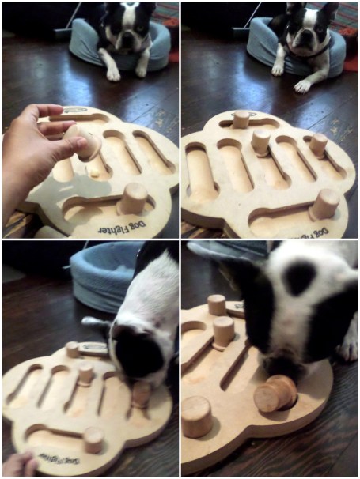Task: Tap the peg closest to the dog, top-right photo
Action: click(241, 119)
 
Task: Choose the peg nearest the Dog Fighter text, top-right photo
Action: click(324, 205)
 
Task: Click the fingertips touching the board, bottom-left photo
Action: click(19, 462)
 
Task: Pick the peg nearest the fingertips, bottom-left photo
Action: click(94, 439)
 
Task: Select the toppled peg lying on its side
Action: click(275, 393)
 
